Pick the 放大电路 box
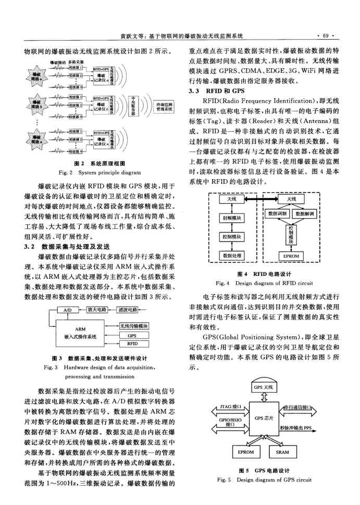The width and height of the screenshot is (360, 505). click(x=96, y=309)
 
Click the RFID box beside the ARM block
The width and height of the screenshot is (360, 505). click(x=132, y=343)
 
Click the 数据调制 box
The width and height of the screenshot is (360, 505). click(x=277, y=213)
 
